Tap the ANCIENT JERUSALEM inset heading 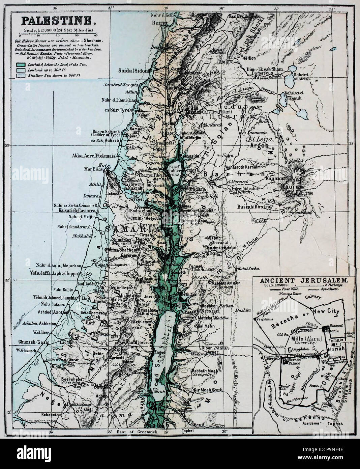303,280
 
